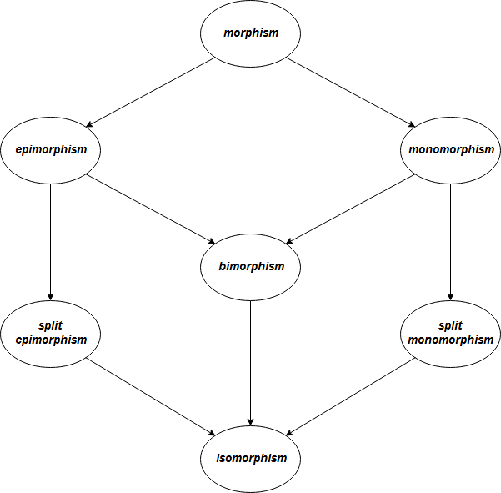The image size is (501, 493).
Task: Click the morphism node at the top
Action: click(250, 33)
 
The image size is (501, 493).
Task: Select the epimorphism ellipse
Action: click(51, 150)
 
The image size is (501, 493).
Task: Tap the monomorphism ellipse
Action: click(451, 150)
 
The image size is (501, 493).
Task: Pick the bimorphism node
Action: click(250, 267)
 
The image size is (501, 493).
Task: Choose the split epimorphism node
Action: click(51, 334)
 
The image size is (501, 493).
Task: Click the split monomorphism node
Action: click(451, 334)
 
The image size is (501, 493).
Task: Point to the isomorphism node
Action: click(250, 459)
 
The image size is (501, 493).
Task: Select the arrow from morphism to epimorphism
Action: click(150, 92)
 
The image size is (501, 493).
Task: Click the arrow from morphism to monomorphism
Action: click(351, 92)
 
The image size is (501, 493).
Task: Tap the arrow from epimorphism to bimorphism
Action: click(150, 209)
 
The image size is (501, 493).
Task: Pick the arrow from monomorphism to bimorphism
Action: click(351, 209)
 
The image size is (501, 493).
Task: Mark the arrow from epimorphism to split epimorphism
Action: click(51, 242)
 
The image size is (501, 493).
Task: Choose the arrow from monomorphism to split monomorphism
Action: click(451, 242)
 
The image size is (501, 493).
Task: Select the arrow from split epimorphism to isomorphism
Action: click(150, 396)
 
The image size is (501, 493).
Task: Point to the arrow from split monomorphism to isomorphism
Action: click(351, 396)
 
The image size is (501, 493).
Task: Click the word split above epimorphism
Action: click(51, 324)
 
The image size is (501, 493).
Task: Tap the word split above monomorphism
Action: click(451, 324)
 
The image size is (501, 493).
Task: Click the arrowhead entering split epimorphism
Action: click(51, 295)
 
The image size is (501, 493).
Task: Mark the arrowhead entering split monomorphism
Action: click(451, 295)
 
